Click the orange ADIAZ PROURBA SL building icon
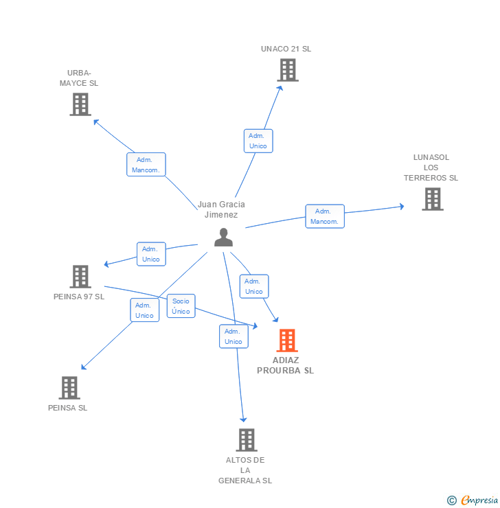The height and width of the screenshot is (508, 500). point(287,340)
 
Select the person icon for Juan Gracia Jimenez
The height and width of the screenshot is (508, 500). point(223,237)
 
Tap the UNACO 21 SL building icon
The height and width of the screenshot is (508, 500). point(287,70)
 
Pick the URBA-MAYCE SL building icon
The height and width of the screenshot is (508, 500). point(80,104)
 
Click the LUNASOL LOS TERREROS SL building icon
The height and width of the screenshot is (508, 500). point(432,199)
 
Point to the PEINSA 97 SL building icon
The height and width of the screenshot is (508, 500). point(80,277)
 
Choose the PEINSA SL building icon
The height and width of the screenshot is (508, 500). point(69,388)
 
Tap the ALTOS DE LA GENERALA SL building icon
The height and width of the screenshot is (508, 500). point(246,440)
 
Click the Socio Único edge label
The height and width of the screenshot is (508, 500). point(181,306)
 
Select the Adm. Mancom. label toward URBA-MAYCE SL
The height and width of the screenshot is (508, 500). point(146,165)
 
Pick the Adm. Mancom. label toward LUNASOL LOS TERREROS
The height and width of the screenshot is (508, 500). point(325,216)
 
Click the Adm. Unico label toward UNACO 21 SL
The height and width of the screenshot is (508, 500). point(258,141)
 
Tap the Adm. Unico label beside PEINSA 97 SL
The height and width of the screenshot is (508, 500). point(151,254)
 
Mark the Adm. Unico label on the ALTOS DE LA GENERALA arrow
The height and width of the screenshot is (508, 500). point(234,336)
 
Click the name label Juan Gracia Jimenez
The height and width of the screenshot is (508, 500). point(221,209)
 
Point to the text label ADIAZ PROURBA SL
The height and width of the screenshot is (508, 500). point(285,365)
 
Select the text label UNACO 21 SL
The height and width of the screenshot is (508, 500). point(286,49)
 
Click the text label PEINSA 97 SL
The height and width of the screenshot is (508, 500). point(79,297)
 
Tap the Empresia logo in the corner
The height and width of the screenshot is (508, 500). point(474,500)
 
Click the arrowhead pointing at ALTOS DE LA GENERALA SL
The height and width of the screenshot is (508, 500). point(242,419)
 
